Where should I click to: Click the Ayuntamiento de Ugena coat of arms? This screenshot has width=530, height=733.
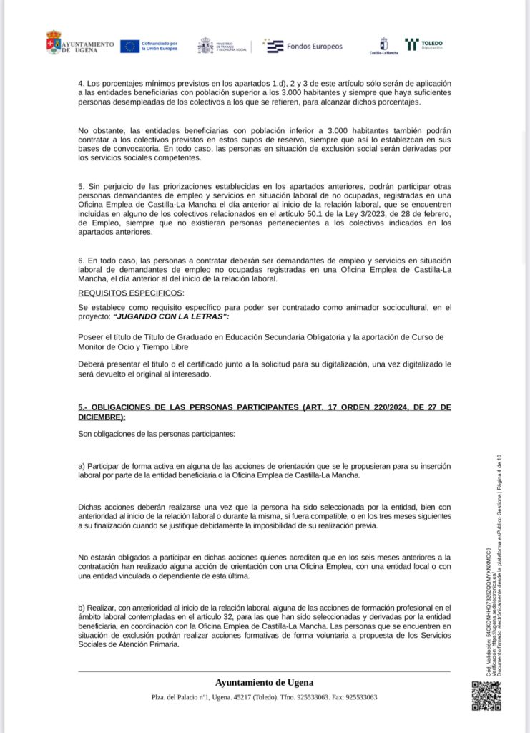pyautogui.click(x=54, y=42)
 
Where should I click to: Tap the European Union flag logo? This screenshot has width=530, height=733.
pyautogui.click(x=129, y=46)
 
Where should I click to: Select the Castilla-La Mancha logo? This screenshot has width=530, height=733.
pyautogui.click(x=383, y=47)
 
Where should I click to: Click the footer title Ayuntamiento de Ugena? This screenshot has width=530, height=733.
pyautogui.click(x=264, y=682)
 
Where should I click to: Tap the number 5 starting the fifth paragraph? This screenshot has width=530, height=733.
pyautogui.click(x=81, y=186)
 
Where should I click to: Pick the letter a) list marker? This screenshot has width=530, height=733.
pyautogui.click(x=82, y=466)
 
